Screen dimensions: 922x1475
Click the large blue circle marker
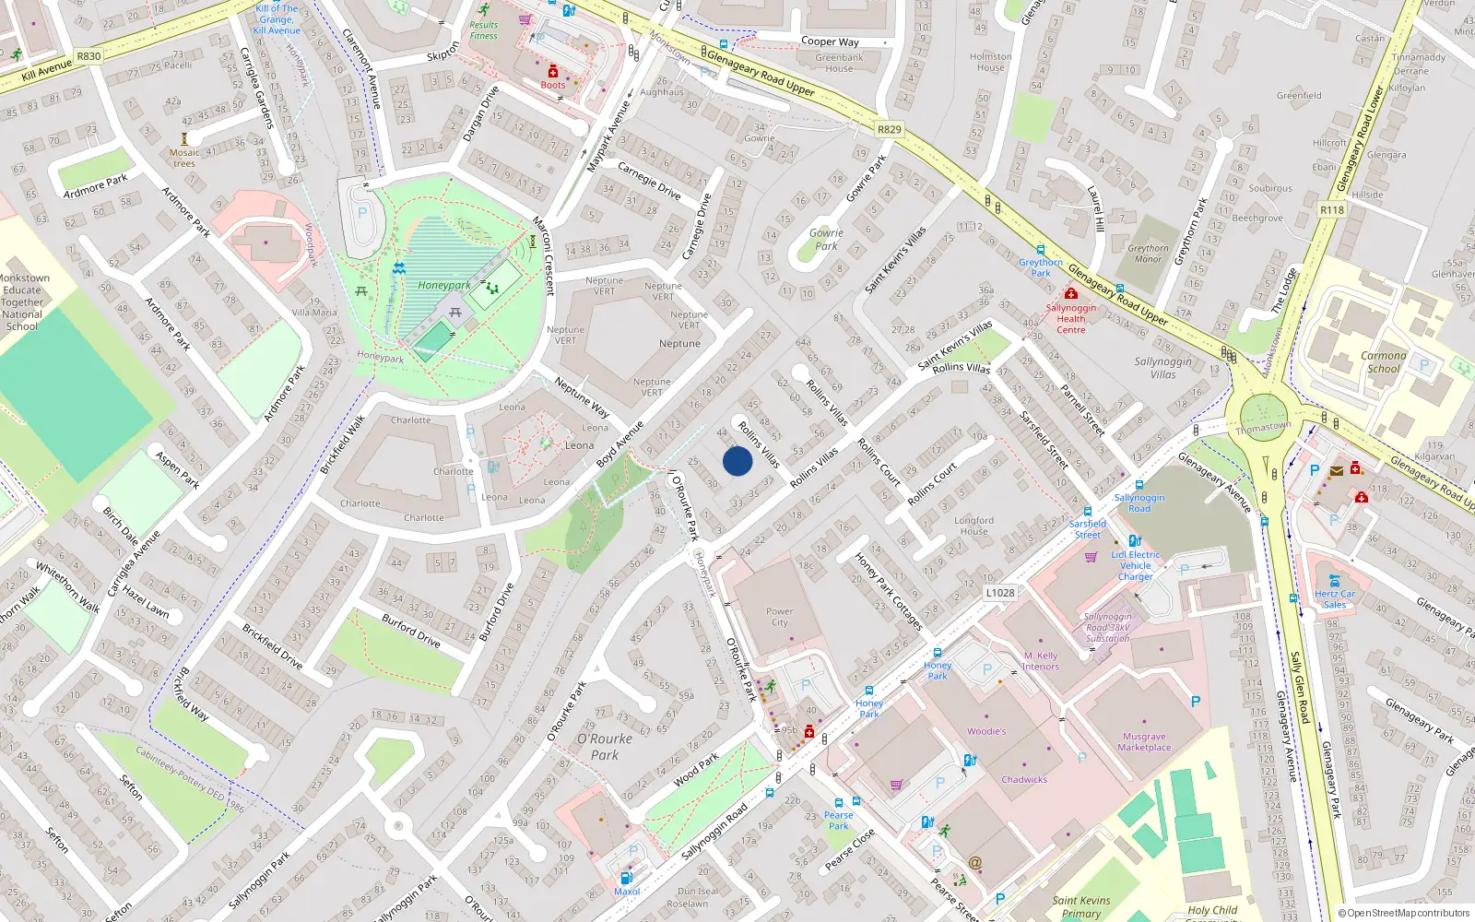(737, 461)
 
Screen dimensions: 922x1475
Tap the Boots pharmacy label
(553, 85)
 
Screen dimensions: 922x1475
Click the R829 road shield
(889, 130)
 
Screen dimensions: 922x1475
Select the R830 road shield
(88, 56)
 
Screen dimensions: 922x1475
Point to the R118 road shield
(1331, 210)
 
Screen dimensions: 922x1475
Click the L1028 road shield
(999, 593)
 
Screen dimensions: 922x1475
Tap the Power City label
(779, 617)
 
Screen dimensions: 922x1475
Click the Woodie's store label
(986, 731)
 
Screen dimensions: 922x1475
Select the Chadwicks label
(1024, 779)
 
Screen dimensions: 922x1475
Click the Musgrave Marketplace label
(1144, 742)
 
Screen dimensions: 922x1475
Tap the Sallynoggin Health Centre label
(1070, 319)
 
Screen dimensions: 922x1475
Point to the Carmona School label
(1383, 361)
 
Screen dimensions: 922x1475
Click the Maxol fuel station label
(627, 892)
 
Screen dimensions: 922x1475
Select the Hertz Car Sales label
(1335, 599)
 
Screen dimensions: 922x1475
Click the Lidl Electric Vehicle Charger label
(1135, 565)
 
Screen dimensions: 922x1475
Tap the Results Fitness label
(483, 30)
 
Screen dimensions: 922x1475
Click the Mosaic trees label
(184, 158)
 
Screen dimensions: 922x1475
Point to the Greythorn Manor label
(1148, 254)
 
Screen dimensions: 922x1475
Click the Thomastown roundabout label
(1263, 428)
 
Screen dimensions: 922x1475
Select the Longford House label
(973, 526)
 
